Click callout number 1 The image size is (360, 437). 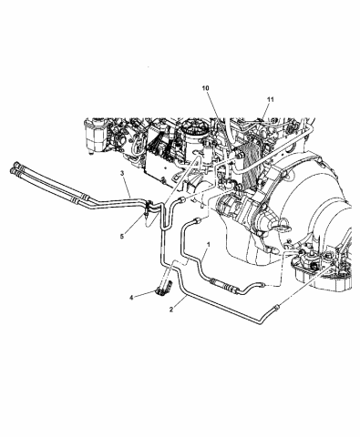209,245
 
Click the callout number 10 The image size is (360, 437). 205,87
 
